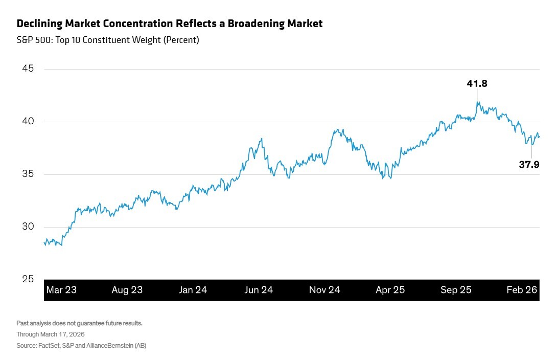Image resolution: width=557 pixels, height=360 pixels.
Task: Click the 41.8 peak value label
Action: coord(477,83)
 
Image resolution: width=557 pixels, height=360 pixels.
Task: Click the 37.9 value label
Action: coord(529,164)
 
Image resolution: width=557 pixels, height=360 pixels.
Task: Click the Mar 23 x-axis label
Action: coord(61,290)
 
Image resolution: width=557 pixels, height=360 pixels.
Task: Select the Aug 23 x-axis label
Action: coord(127,290)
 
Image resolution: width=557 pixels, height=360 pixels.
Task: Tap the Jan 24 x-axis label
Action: coord(193,290)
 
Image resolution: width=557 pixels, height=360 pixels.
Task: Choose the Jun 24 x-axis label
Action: coord(259,290)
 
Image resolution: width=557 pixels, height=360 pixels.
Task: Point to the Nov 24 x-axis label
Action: coord(324,290)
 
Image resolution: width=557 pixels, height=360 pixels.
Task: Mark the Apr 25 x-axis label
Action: coord(390,290)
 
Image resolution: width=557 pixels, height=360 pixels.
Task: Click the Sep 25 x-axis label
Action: coord(456,290)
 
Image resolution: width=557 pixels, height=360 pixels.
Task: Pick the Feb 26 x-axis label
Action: coord(522,290)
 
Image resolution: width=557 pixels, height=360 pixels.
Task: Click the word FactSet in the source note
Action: coord(50,346)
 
